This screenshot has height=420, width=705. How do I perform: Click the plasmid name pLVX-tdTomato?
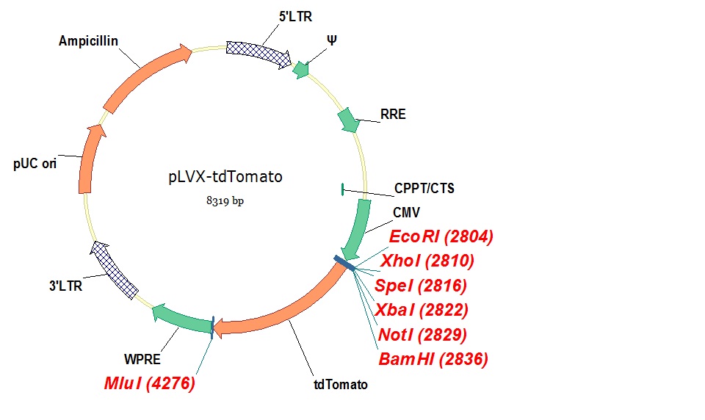pyautogui.click(x=225, y=177)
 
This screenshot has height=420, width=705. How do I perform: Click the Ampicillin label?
pyautogui.click(x=89, y=41)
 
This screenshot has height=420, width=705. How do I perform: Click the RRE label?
pyautogui.click(x=393, y=115)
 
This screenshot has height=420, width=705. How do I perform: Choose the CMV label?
pyautogui.click(x=405, y=213)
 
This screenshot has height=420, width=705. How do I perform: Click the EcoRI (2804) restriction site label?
pyautogui.click(x=441, y=236)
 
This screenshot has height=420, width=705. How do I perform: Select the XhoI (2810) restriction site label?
pyautogui.click(x=427, y=261)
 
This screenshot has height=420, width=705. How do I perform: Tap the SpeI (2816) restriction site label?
pyautogui.click(x=421, y=286)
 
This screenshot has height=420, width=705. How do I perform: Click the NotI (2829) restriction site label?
pyautogui.click(x=422, y=336)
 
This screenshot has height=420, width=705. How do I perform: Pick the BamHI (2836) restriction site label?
pyautogui.click(x=433, y=359)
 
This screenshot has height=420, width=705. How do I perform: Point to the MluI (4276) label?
pyautogui.click(x=149, y=384)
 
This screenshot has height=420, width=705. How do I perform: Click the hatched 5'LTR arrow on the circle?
pyautogui.click(x=257, y=52)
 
